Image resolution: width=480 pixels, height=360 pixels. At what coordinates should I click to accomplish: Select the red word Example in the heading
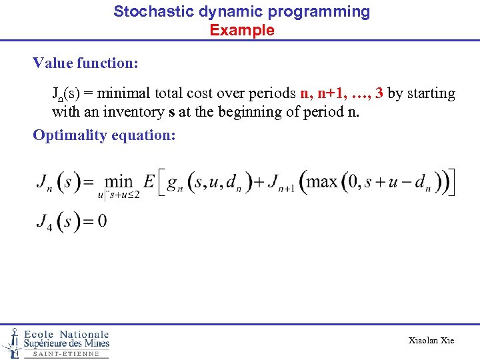pyautogui.click(x=242, y=30)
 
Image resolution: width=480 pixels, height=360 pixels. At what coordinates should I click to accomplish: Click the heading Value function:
pyautogui.click(x=85, y=63)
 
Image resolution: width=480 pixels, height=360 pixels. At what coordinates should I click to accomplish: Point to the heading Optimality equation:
pyautogui.click(x=104, y=135)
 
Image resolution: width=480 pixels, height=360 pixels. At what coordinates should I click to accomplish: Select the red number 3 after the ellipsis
pyautogui.click(x=379, y=93)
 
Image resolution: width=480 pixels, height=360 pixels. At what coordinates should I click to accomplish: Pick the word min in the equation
pyautogui.click(x=119, y=181)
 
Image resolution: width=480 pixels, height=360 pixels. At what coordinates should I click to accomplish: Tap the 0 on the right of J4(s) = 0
pyautogui.click(x=102, y=221)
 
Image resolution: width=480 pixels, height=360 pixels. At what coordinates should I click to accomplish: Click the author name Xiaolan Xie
pyautogui.click(x=431, y=341)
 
